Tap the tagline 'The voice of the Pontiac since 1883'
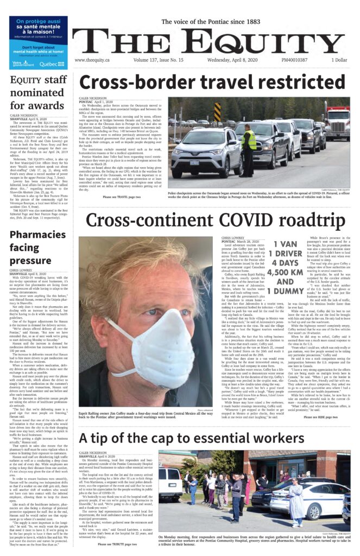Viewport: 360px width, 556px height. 211,22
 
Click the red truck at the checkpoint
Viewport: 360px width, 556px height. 337,128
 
